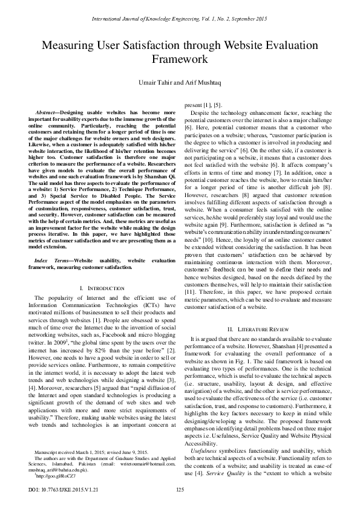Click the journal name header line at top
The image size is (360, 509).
click(180, 19)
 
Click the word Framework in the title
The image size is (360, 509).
click(180, 59)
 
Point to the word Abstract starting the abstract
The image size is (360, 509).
click(48, 113)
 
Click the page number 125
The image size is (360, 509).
click(180, 489)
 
